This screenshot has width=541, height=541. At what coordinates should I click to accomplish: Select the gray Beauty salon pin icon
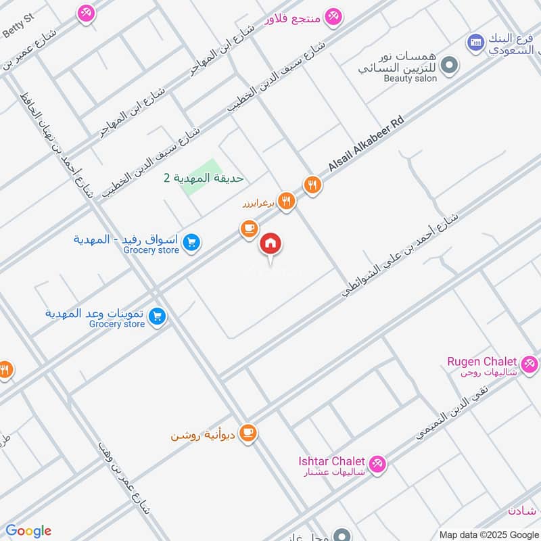[447, 66]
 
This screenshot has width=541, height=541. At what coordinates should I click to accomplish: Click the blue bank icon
[475, 43]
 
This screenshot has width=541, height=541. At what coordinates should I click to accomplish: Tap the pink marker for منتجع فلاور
[333, 16]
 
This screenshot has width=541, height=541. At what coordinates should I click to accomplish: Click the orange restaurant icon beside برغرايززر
[287, 200]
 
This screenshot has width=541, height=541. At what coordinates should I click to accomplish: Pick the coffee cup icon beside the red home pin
[249, 230]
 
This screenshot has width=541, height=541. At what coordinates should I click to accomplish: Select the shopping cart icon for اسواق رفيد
[191, 242]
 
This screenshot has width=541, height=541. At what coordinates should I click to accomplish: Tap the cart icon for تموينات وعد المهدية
[158, 316]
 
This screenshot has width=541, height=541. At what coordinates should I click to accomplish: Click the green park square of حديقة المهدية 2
[201, 178]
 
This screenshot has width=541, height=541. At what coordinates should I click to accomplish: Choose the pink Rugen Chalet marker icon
[530, 364]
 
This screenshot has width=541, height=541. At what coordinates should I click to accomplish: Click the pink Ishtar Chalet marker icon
[378, 463]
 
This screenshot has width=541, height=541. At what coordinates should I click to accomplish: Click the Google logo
[28, 531]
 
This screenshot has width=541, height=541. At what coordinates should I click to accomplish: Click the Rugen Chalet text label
[482, 362]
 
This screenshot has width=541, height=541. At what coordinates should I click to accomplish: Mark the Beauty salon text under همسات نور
[410, 78]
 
